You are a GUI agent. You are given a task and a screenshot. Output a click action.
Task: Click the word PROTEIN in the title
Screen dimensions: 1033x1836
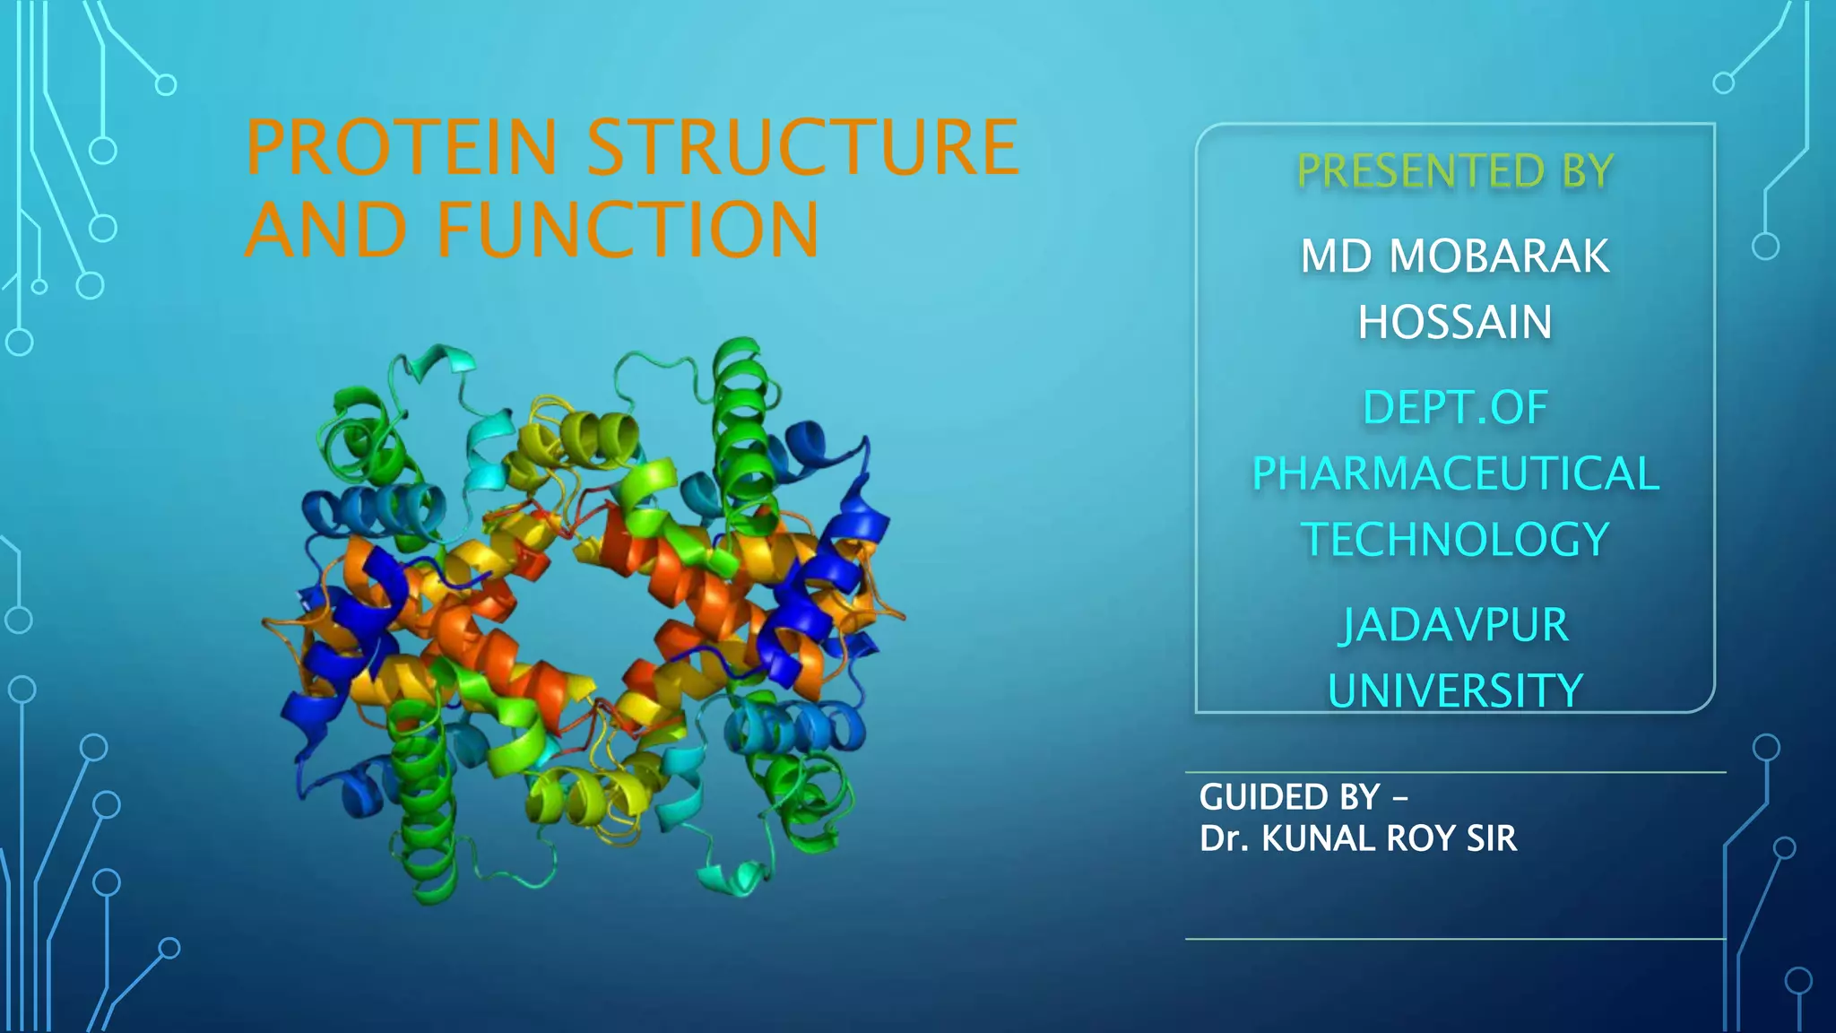pos(401,148)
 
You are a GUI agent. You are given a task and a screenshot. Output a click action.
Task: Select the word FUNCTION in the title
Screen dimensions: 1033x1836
pos(628,230)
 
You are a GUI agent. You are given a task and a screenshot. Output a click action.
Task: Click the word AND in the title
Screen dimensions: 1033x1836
pos(325,230)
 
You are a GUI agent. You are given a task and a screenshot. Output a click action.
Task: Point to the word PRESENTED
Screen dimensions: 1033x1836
pos(1421,171)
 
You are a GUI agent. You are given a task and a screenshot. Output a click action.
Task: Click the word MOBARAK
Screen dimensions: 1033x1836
pos(1499,256)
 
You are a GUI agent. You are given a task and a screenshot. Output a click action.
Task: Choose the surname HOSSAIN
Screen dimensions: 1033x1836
pos(1454,323)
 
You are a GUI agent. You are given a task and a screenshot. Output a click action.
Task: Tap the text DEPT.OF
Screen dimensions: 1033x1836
pos(1455,408)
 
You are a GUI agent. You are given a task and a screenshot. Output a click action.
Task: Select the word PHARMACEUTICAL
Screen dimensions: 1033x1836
pos(1455,473)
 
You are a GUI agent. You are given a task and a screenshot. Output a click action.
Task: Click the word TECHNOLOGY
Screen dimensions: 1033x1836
pos(1455,540)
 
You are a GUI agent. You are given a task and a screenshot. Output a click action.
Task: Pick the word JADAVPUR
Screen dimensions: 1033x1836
pos(1454,625)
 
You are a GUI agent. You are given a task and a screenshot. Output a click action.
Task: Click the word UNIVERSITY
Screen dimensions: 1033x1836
pos(1455,691)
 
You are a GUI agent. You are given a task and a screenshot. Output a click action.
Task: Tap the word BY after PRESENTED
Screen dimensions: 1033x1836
pos(1588,171)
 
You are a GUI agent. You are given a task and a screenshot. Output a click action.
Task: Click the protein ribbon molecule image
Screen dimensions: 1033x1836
pos(583,619)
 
